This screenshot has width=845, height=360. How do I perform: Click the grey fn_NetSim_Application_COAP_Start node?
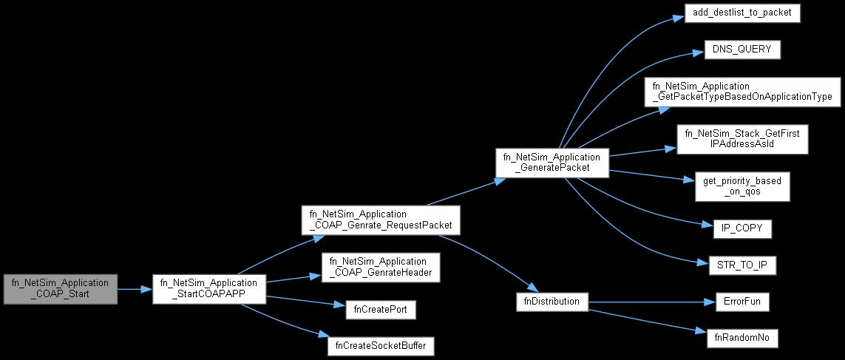[x=61, y=289]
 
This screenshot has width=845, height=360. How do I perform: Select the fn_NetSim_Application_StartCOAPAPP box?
[x=208, y=289]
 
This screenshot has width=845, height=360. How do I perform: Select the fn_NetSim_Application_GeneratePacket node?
[x=554, y=163]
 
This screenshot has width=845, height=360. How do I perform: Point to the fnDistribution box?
[x=552, y=302]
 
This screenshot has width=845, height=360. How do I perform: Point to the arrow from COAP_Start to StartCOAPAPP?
[x=134, y=289]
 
